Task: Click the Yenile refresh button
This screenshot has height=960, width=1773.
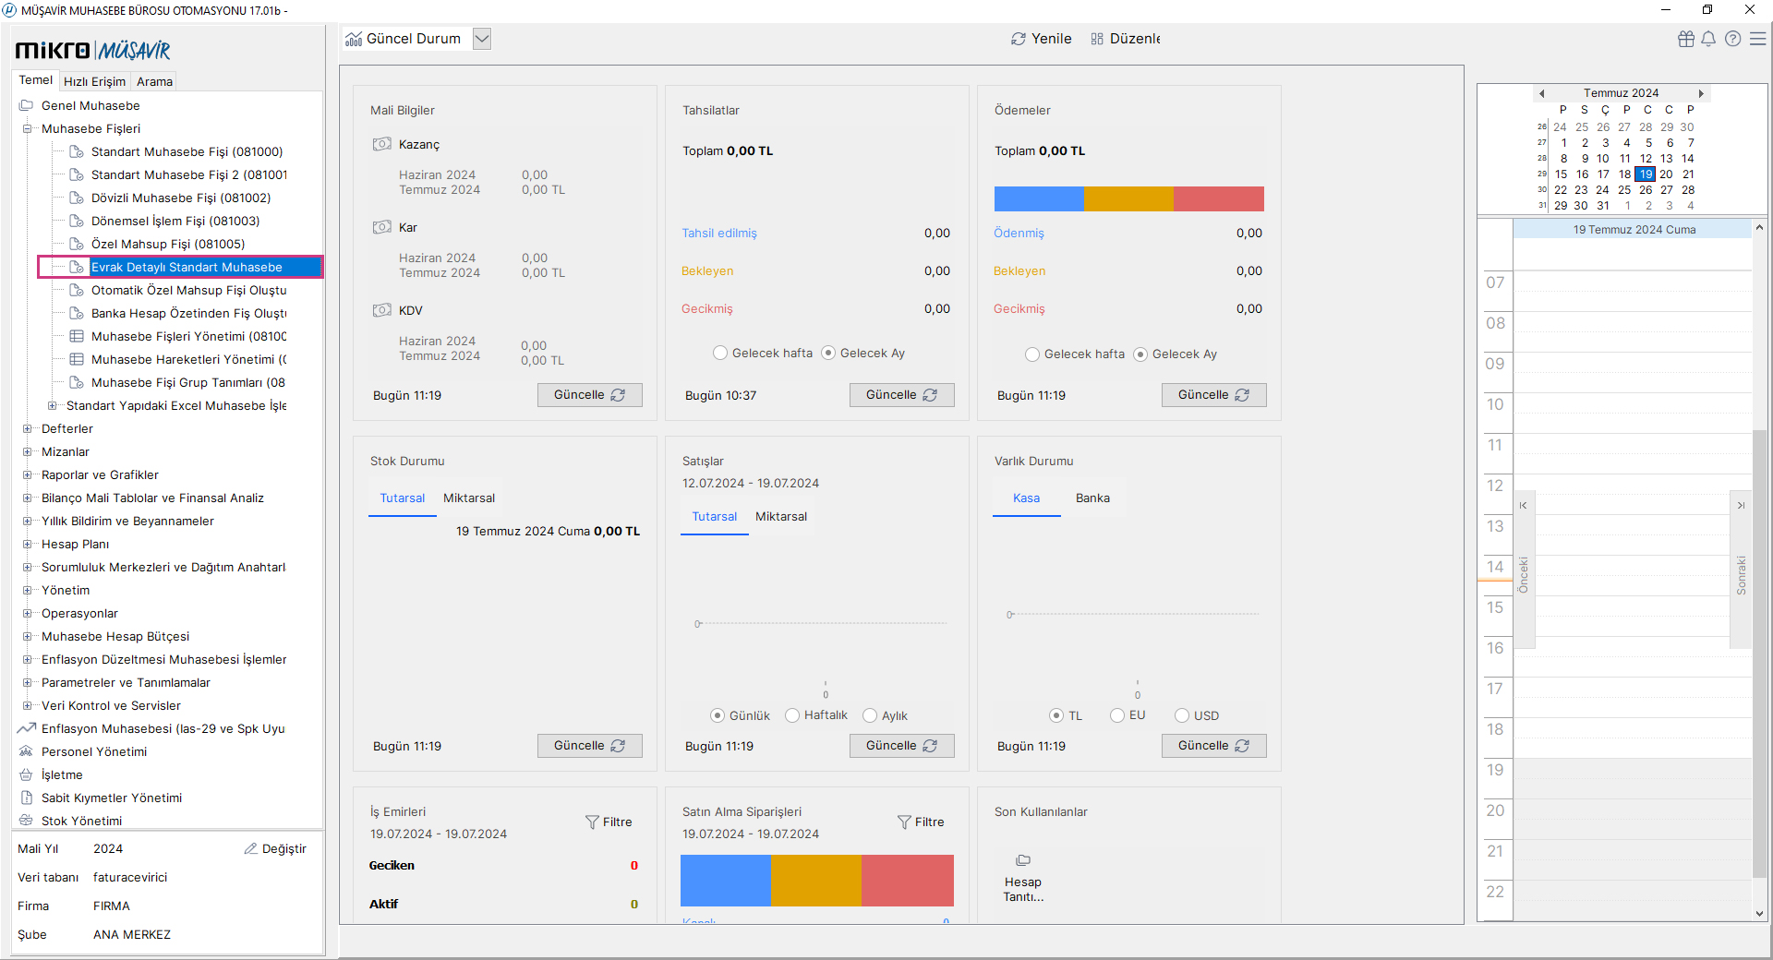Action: click(x=1041, y=39)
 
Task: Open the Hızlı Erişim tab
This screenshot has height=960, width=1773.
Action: click(x=94, y=81)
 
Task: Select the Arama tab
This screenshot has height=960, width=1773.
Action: click(x=154, y=81)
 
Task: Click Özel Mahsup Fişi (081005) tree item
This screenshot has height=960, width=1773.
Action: click(x=167, y=244)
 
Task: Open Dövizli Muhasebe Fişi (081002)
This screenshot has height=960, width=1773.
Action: click(x=180, y=198)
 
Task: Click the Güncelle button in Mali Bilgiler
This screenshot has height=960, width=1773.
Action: click(x=589, y=395)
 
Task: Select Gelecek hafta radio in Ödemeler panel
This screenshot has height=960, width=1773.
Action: click(x=1032, y=354)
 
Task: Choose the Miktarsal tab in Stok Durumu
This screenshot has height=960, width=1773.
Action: click(x=468, y=498)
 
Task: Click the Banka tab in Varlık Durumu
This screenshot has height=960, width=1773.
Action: click(x=1092, y=498)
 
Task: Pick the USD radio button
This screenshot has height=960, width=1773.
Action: click(x=1182, y=715)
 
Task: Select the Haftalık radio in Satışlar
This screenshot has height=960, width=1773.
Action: click(x=792, y=715)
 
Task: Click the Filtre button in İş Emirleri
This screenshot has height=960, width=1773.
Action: click(x=609, y=822)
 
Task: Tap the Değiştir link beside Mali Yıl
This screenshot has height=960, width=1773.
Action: click(x=275, y=848)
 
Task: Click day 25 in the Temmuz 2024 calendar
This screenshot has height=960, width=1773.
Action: click(x=1623, y=190)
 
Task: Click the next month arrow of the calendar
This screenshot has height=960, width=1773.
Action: click(x=1700, y=93)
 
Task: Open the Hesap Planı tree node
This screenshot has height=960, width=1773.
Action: click(x=75, y=544)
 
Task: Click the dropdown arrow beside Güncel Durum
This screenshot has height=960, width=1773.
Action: click(x=481, y=39)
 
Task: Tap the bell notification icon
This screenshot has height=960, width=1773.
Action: click(x=1708, y=39)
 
